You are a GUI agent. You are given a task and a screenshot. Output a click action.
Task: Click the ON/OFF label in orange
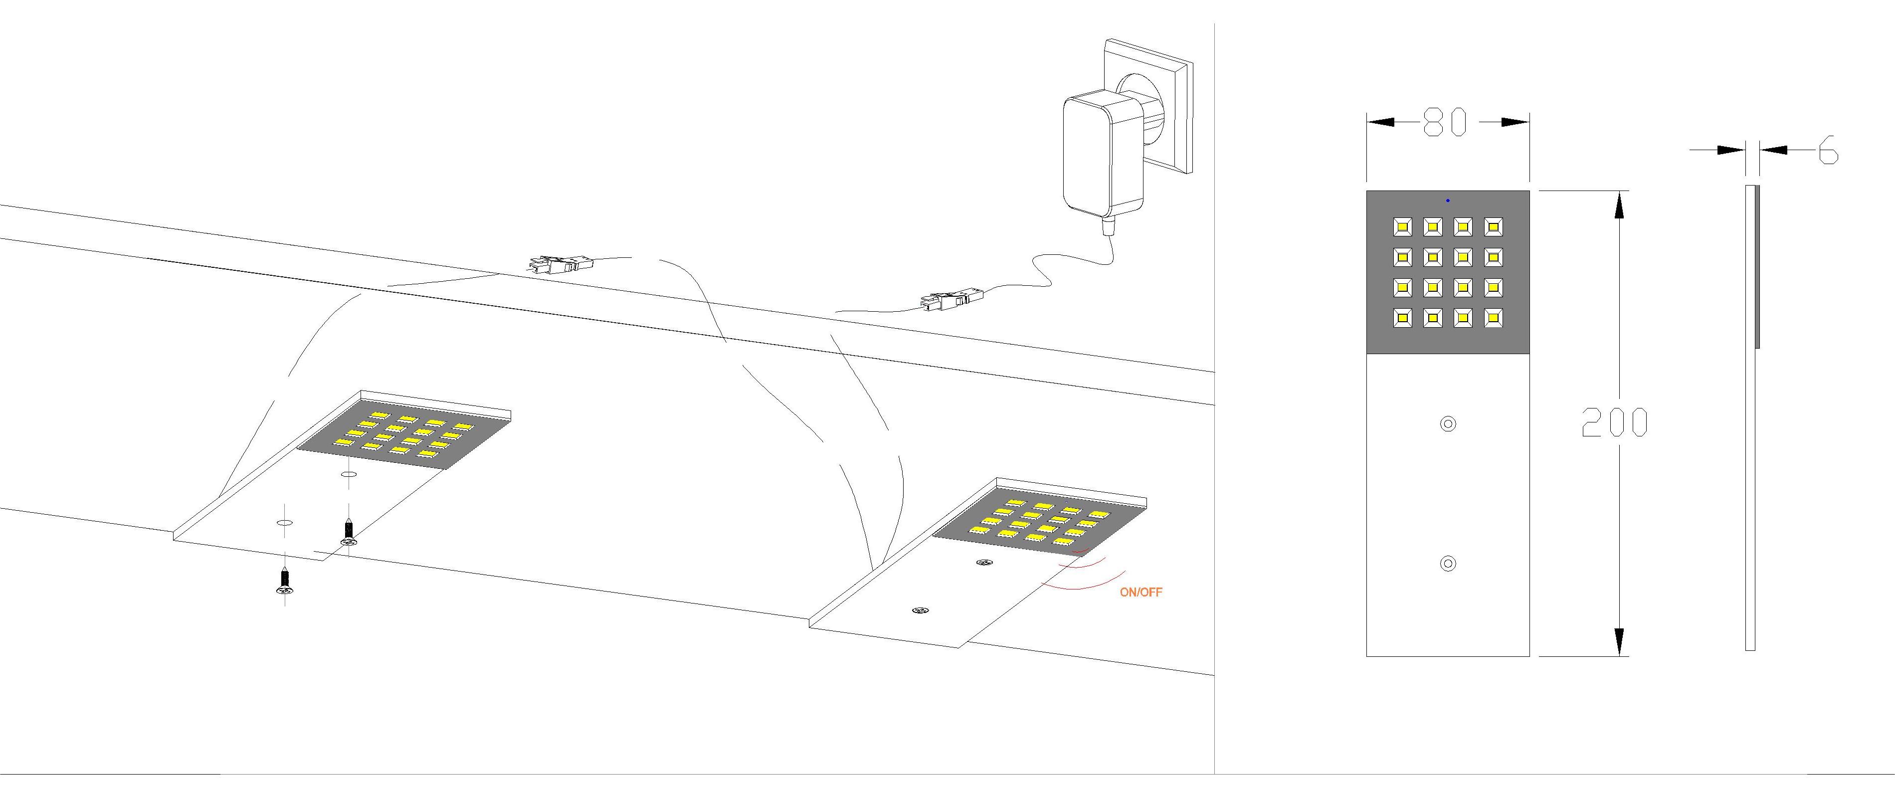[1141, 592]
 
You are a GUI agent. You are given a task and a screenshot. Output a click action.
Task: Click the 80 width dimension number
[1446, 122]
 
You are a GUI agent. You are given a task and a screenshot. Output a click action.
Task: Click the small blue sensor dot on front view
[1448, 200]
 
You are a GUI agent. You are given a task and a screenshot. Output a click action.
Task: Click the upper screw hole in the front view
[1448, 423]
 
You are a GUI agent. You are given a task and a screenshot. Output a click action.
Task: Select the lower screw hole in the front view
[1448, 564]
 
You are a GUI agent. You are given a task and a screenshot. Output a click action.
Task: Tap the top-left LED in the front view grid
[1402, 226]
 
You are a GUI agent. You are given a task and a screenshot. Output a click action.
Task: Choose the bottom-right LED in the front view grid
[1494, 318]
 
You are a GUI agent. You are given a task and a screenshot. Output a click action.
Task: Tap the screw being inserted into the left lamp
[348, 533]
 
